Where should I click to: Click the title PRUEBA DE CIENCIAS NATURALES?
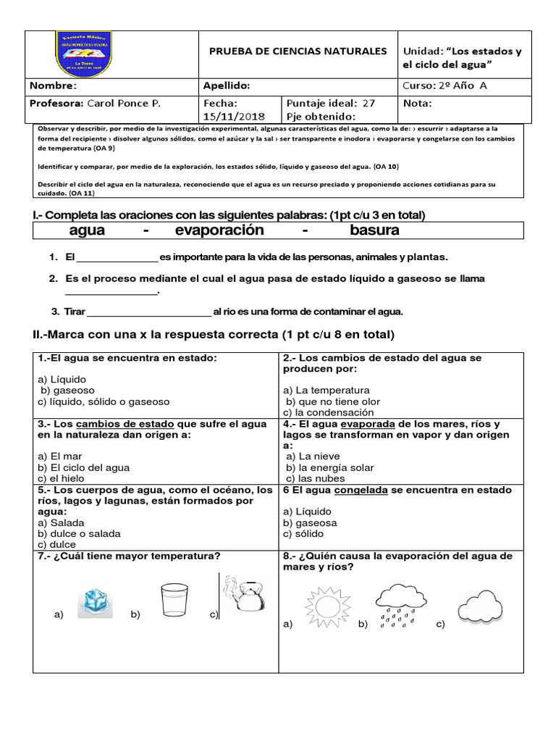pos(298,51)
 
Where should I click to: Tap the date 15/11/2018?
pos(235,117)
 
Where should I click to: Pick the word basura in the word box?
pos(374,230)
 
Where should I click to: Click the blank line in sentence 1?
pos(117,258)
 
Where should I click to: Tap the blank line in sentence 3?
pos(148,312)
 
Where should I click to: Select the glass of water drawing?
pos(174,598)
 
